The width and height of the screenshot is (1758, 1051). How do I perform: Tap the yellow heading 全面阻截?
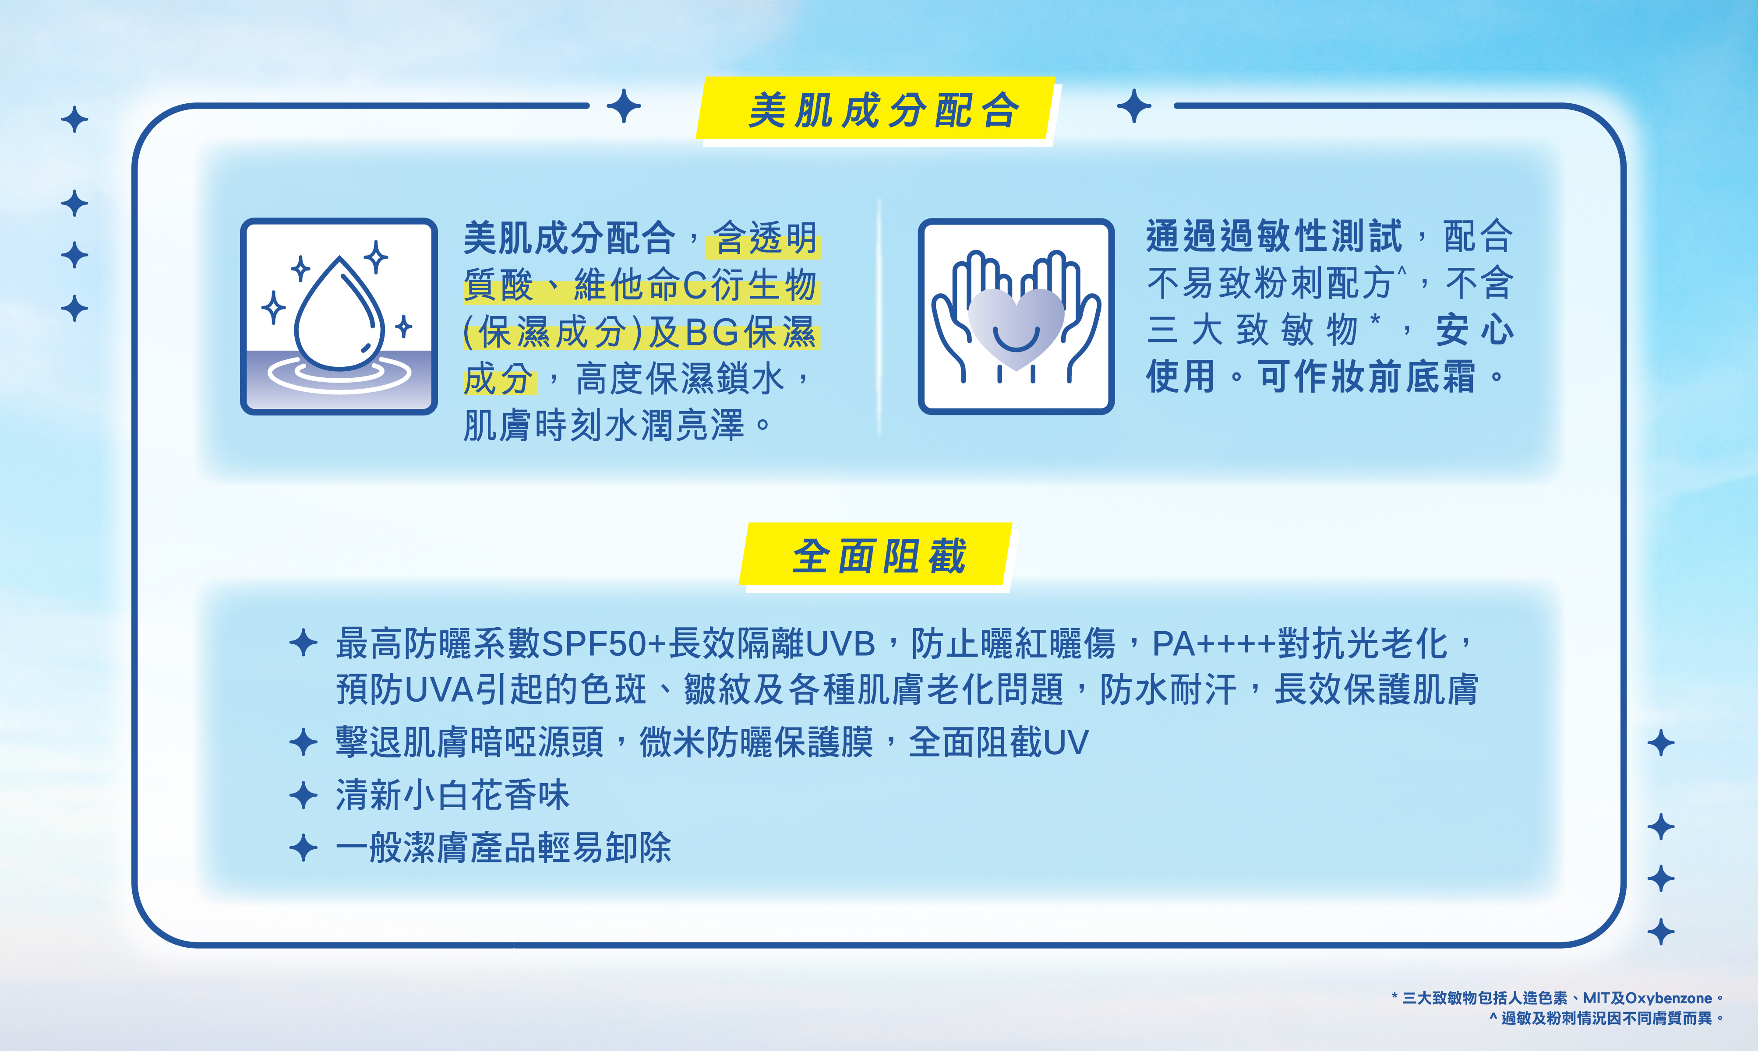point(879,556)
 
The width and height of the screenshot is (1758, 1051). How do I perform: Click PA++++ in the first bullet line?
point(1214,644)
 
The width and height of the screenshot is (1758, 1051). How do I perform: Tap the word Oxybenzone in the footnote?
point(1668,998)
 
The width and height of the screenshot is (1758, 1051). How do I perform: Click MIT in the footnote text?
point(1596,998)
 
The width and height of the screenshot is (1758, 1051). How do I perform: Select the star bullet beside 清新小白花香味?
point(303,794)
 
